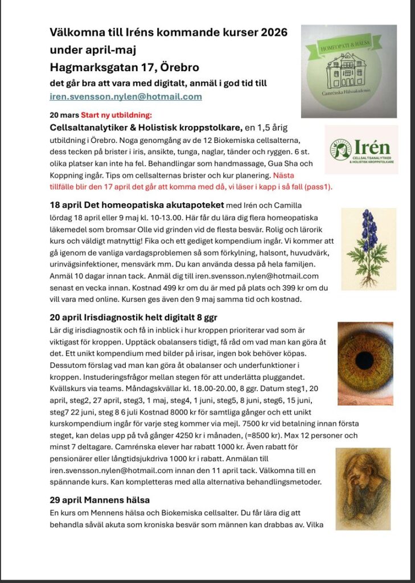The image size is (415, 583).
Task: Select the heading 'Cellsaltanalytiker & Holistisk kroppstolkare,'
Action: tap(146, 126)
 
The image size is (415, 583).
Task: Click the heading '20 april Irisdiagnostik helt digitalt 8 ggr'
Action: tap(134, 317)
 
